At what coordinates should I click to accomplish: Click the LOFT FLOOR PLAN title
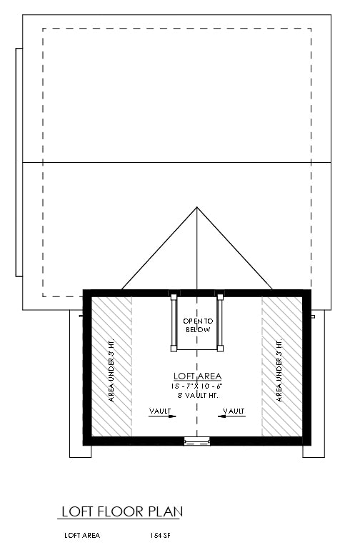[x=121, y=511]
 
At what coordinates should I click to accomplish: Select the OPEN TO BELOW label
[x=198, y=326]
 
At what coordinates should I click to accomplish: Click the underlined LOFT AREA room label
[x=198, y=376]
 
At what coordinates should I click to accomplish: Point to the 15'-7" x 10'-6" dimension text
[x=198, y=386]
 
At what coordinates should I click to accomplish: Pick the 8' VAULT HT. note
[x=198, y=395]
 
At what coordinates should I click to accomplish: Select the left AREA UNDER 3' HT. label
[x=111, y=366]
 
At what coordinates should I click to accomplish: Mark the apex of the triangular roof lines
[x=197, y=208]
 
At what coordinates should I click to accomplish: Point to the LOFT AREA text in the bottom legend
[x=82, y=534]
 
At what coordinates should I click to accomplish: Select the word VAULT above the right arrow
[x=234, y=411]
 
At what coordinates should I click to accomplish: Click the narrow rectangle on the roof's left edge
[x=19, y=162]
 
